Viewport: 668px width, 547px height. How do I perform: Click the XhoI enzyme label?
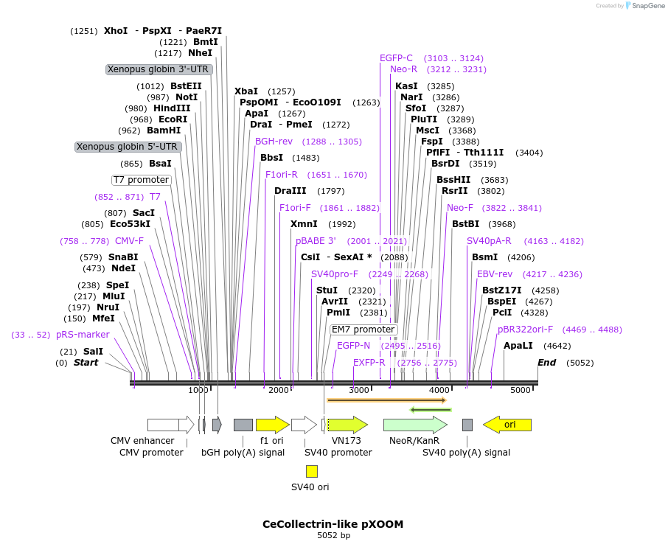click(116, 31)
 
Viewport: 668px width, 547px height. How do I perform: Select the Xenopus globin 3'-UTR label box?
click(159, 69)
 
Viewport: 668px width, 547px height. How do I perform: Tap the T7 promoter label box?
click(142, 180)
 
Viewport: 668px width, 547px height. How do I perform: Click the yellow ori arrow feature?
click(507, 425)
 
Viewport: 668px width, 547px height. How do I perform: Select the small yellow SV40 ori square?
click(312, 471)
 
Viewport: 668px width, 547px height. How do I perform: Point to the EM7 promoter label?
click(363, 330)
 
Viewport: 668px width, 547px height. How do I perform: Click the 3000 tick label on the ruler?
click(359, 390)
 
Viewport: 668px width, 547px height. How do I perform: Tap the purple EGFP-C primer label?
click(396, 58)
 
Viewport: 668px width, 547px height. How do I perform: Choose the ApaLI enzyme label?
click(518, 345)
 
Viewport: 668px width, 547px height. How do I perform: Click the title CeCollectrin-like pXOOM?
click(333, 524)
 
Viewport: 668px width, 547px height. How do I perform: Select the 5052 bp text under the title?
click(333, 536)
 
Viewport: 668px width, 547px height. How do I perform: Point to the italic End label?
click(546, 362)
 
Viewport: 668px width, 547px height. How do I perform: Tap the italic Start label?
click(86, 363)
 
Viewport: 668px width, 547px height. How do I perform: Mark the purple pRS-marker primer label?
click(83, 335)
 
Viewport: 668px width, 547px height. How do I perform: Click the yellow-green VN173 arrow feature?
click(347, 425)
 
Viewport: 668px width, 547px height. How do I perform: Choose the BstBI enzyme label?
click(465, 224)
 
